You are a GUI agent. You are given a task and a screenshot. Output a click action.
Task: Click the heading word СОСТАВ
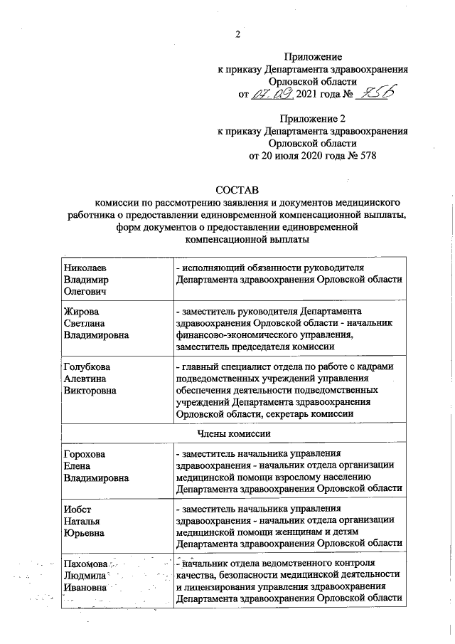pos(239,189)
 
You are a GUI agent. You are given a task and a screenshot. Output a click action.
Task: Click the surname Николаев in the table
pos(85,267)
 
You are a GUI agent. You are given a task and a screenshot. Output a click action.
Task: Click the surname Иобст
pos(76,508)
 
